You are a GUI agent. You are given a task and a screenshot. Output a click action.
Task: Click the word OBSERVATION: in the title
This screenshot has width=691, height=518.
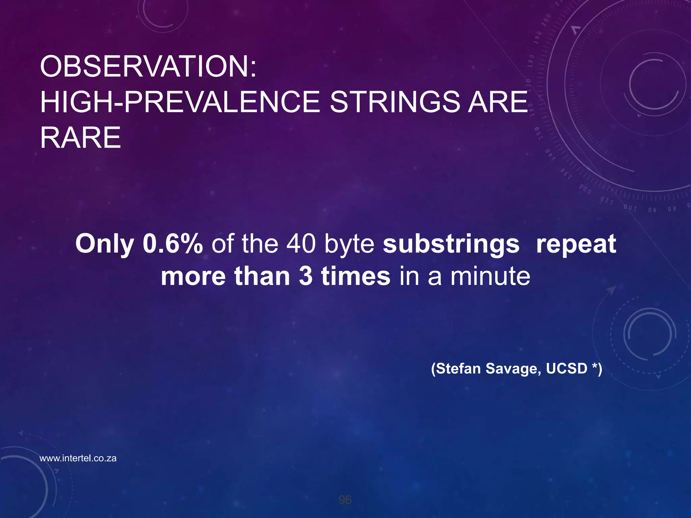[148, 66]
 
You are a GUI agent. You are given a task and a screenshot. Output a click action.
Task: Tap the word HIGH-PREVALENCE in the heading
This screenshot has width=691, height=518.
[180, 102]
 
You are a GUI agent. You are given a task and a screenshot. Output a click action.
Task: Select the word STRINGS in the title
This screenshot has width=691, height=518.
[394, 102]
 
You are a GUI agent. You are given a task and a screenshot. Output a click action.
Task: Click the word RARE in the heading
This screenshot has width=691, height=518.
[80, 138]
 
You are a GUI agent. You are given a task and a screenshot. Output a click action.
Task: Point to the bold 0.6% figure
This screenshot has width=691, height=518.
[173, 244]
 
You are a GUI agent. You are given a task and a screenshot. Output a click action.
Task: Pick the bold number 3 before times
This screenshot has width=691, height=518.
[306, 276]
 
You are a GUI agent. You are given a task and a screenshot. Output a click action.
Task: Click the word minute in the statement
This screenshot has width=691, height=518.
[490, 276]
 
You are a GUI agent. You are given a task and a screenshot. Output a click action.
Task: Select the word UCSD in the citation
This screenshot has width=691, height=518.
[566, 368]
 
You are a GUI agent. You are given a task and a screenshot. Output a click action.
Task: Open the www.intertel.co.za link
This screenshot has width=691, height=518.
[78, 458]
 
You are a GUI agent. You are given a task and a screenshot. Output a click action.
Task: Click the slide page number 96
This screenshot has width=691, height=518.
[345, 500]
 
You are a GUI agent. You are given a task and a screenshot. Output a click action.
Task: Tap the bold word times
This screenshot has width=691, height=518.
[356, 276]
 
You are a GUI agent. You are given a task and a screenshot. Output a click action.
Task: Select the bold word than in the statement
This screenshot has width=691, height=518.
[262, 276]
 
